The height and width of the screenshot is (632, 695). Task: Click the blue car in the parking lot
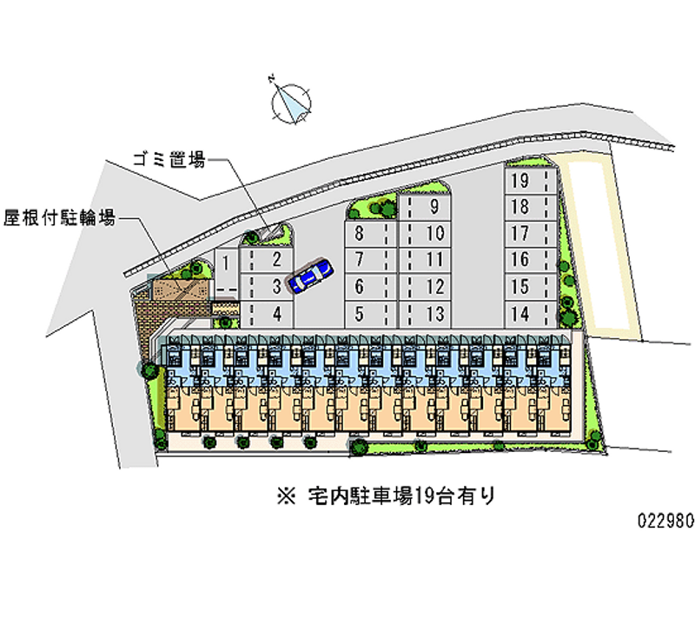pos(310,276)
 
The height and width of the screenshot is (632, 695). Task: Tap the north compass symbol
pos(292,101)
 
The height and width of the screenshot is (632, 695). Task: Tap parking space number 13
pos(426,313)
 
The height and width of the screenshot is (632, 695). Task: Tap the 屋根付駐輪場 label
pos(59,217)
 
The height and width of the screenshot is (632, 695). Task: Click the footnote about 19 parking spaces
pos(387,496)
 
